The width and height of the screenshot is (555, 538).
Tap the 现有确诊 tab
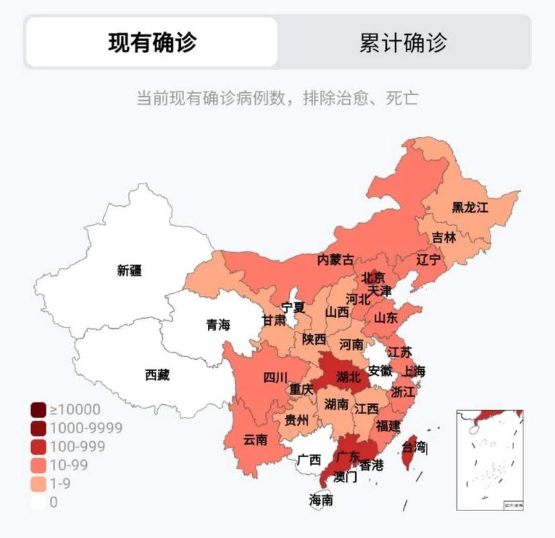[x=152, y=42]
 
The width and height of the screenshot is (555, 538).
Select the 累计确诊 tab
[x=403, y=42]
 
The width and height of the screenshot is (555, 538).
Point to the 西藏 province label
[x=157, y=375]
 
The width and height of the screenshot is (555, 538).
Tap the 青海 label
[x=218, y=325]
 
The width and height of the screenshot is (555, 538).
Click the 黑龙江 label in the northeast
[x=470, y=207]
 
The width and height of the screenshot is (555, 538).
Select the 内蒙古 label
[x=336, y=260]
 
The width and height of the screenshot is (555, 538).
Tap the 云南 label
[x=256, y=440]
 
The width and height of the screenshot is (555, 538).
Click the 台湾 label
[x=414, y=447]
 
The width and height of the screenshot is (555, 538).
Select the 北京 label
[x=373, y=277]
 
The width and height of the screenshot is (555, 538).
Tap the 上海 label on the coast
[x=414, y=371]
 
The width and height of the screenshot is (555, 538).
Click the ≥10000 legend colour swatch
[x=38, y=410]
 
